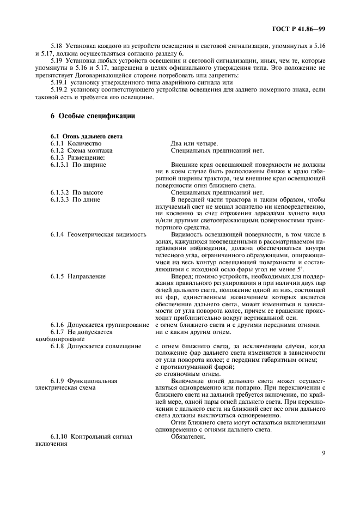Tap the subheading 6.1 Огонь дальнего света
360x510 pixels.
pyautogui.click(x=86, y=136)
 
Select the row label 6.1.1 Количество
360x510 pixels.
pyautogui.click(x=76, y=143)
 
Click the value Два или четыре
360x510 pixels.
pyautogui.click(x=194, y=143)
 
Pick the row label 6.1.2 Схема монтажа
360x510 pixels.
pyautogui.click(x=82, y=150)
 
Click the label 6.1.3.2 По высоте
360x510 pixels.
pyautogui.click(x=77, y=192)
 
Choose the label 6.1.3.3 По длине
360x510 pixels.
pyautogui.click(x=76, y=199)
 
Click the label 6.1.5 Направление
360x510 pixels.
pyautogui.click(x=78, y=277)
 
